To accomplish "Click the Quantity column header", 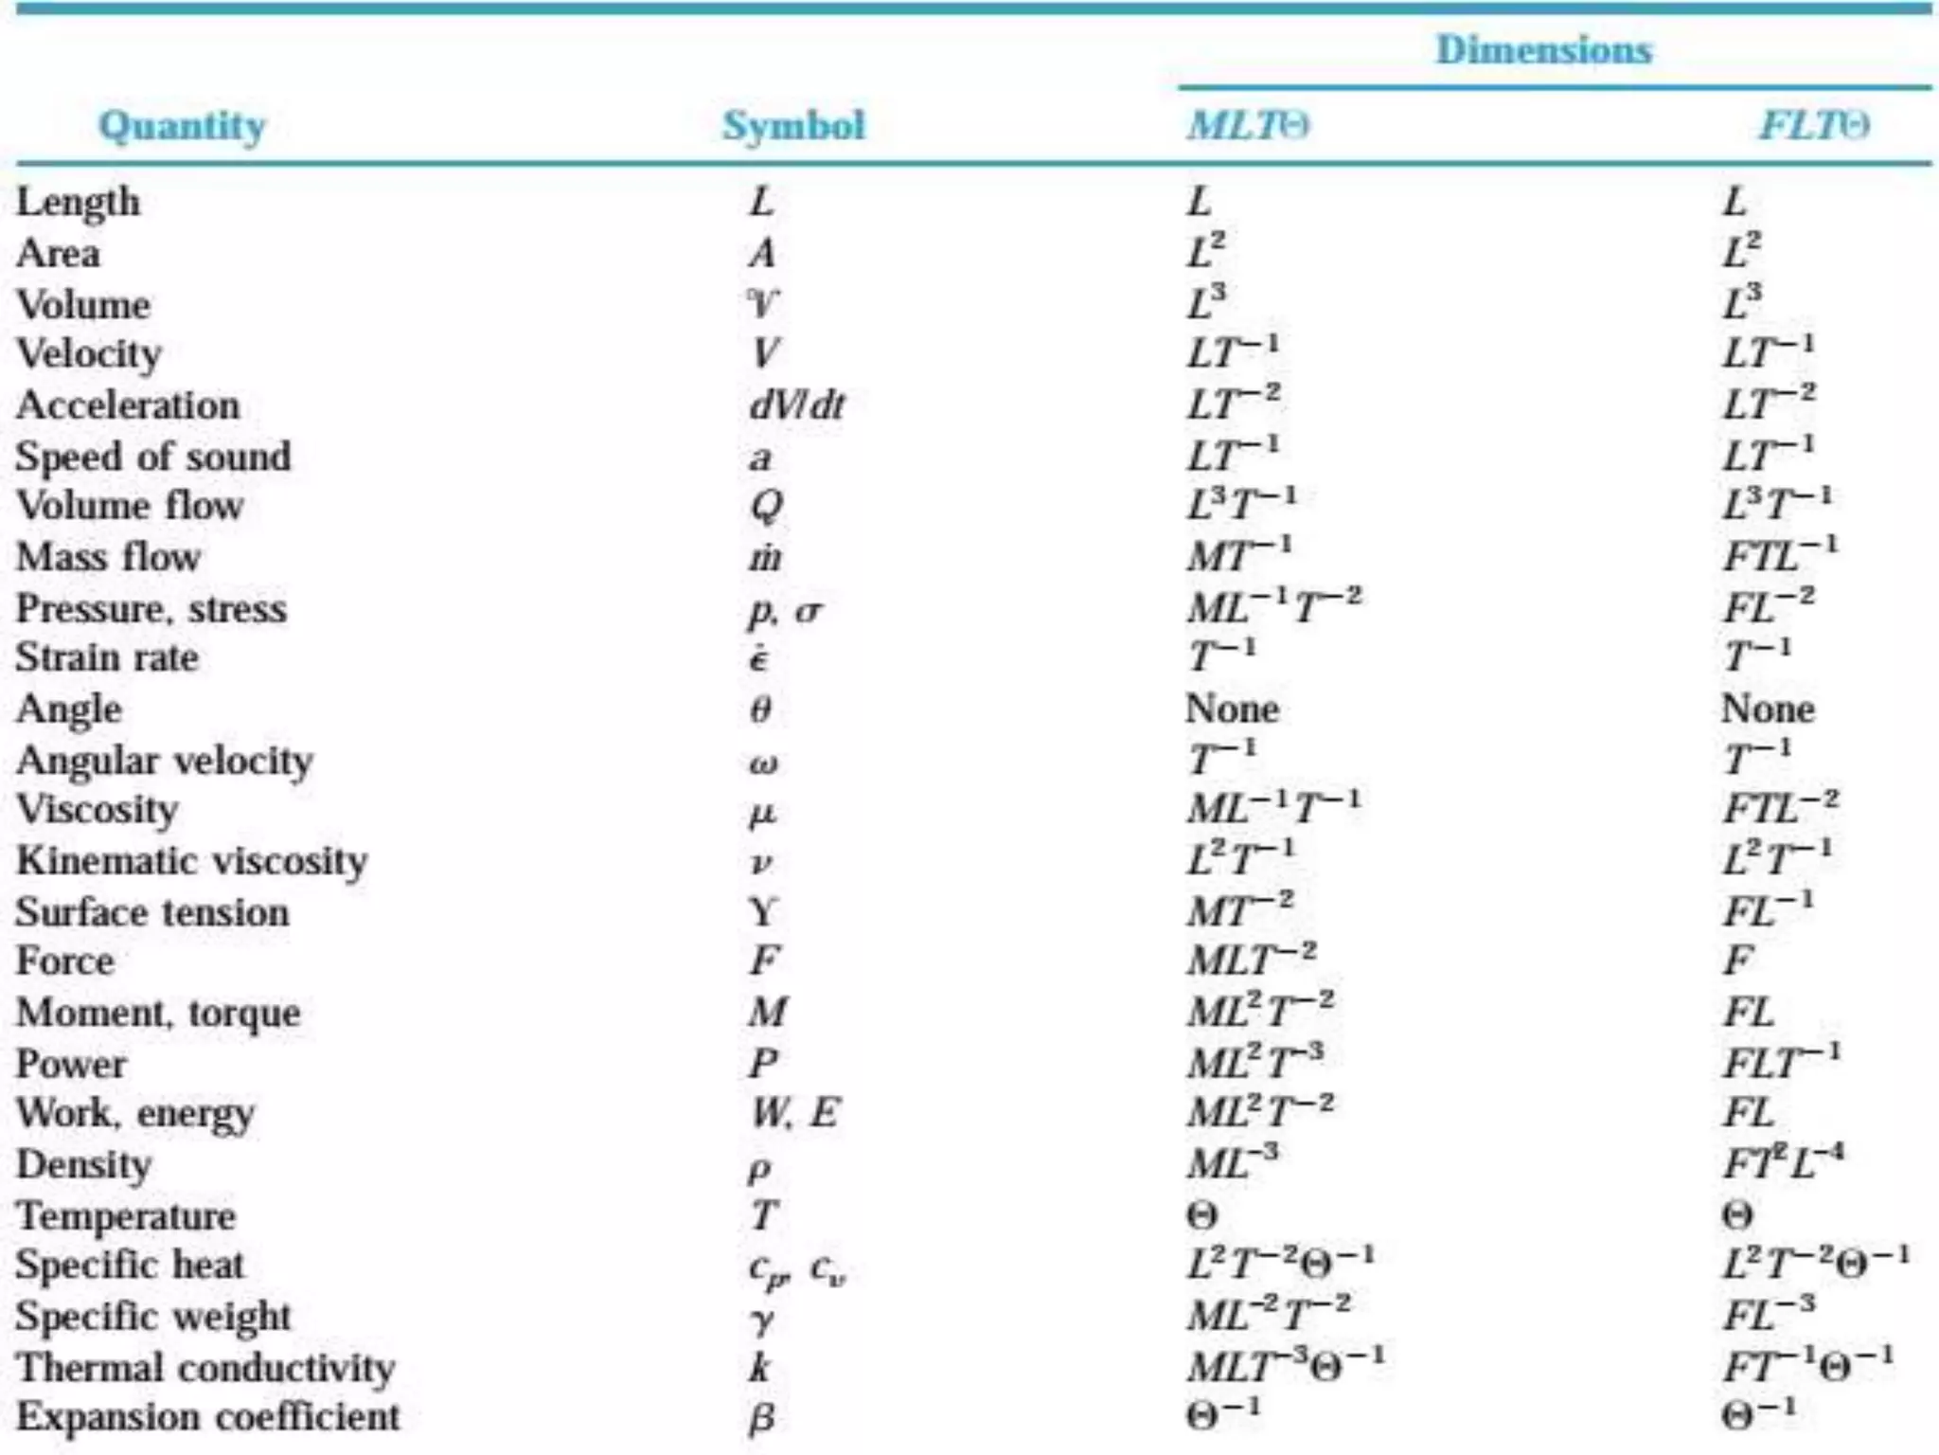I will pos(182,126).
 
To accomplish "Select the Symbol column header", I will pos(793,126).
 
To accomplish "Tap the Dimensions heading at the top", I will pos(1543,49).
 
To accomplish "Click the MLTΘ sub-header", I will pos(1249,126).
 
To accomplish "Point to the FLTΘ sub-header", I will pos(1814,126).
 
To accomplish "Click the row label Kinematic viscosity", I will pos(192,861).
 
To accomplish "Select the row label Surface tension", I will pos(152,912).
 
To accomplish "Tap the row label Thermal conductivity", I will pos(206,1368).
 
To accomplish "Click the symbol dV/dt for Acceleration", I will pos(796,405).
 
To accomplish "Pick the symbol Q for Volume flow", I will pos(766,506).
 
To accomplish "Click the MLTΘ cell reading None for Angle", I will pos(1232,710).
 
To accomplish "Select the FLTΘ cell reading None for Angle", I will pos(1768,710).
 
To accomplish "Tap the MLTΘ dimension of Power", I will pos(1255,1062).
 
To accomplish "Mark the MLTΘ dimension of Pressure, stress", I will pos(1274,606).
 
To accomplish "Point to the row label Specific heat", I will pos(130,1266).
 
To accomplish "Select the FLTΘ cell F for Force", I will pos(1738,961).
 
